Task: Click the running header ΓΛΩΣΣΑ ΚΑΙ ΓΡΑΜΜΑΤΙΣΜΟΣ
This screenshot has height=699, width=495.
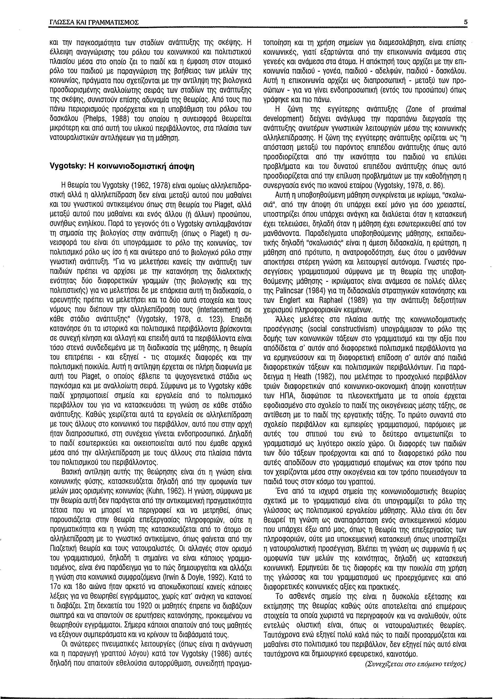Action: [94, 22]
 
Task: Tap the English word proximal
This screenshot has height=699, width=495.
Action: [454, 109]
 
